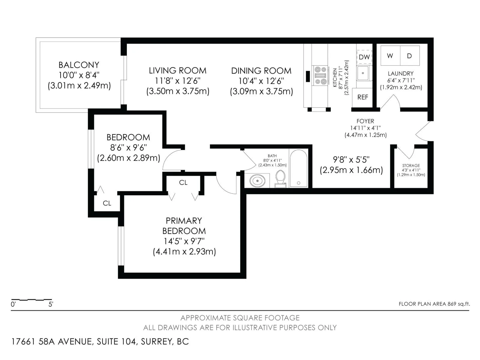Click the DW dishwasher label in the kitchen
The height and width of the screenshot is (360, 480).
click(364, 57)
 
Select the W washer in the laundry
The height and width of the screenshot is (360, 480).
click(390, 55)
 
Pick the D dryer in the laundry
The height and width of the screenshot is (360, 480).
click(410, 55)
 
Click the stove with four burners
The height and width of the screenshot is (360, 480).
click(321, 75)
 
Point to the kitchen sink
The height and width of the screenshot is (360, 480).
click(363, 73)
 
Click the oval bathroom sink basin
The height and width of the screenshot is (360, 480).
click(257, 181)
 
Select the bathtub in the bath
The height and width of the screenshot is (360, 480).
click(298, 168)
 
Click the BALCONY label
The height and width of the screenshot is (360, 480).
click(79, 65)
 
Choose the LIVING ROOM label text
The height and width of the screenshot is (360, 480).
click(178, 70)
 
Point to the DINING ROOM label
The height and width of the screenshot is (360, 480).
click(261, 71)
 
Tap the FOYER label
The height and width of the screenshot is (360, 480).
click(365, 121)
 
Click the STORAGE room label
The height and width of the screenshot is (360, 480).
click(411, 166)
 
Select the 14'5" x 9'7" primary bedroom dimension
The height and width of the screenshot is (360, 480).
click(184, 241)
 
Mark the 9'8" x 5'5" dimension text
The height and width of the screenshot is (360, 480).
click(351, 160)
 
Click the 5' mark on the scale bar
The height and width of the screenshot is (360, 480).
click(51, 304)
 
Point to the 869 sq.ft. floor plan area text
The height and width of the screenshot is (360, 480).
click(459, 304)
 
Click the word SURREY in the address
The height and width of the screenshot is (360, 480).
click(157, 342)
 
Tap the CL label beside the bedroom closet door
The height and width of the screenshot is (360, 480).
click(107, 203)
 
